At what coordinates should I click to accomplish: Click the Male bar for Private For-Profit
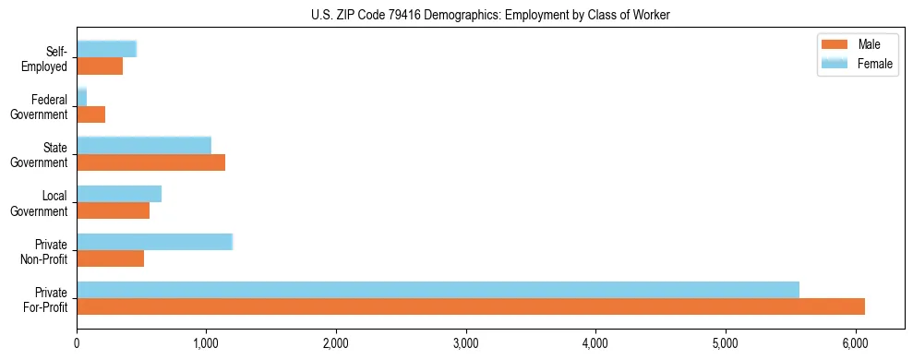(x=471, y=306)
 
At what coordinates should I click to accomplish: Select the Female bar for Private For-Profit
(x=438, y=290)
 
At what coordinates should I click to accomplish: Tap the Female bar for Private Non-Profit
(x=154, y=242)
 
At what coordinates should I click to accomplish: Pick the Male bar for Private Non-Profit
(x=110, y=258)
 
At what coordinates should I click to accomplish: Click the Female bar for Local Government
(x=119, y=194)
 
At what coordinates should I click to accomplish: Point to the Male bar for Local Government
(x=113, y=210)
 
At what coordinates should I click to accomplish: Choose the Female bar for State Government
(x=144, y=146)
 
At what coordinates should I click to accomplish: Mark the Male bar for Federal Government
(x=90, y=114)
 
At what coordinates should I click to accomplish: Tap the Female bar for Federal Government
(x=81, y=98)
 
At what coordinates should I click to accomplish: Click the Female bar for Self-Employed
(x=106, y=49)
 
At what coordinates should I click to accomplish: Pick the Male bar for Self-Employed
(x=100, y=66)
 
